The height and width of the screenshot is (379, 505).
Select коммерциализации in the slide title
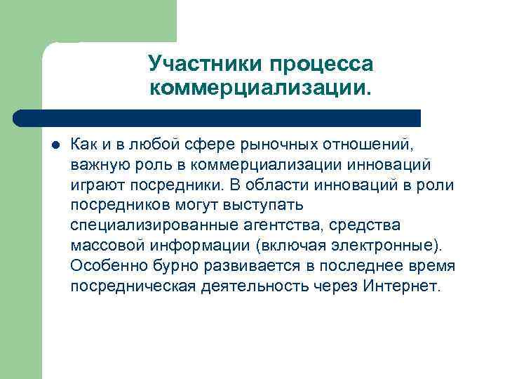click(x=260, y=88)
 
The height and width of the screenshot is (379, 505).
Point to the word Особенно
click(x=102, y=266)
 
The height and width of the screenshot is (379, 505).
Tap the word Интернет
click(x=404, y=286)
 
